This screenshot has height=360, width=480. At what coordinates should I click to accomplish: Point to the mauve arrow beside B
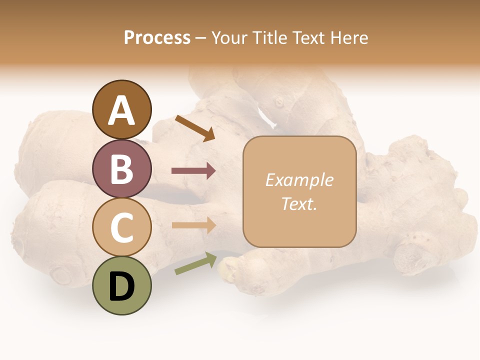193,171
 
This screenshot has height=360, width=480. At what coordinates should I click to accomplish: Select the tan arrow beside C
193,225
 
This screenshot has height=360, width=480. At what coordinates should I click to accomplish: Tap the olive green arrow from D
195,263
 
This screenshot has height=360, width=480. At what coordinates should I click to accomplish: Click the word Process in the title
157,38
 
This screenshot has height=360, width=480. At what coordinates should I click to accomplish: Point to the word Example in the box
299,180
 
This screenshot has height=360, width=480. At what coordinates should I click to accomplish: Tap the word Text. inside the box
299,203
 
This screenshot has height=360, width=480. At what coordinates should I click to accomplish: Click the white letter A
122,110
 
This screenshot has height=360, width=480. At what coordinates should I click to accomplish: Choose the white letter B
122,169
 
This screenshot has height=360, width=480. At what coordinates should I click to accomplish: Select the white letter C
122,227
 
